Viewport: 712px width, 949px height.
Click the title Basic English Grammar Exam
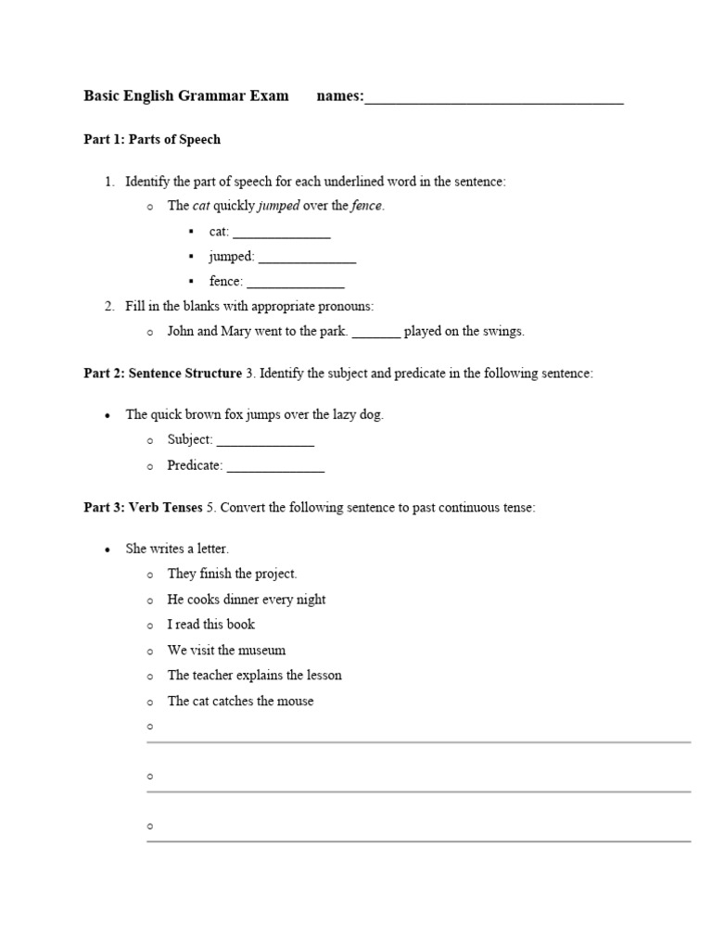185,95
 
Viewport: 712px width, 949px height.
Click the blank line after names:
493,98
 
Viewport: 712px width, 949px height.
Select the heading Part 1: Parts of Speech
152,140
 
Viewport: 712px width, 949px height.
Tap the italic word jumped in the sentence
278,206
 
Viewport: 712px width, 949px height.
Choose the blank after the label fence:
295,284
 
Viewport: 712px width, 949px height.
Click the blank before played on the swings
376,334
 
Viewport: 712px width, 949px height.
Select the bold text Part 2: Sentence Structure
162,373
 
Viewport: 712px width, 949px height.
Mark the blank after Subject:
265,442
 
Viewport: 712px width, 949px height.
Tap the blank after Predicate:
275,468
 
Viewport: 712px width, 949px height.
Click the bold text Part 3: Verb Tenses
143,508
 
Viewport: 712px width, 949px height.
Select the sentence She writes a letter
177,549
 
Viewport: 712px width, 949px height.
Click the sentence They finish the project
232,574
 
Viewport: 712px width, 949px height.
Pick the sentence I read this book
210,625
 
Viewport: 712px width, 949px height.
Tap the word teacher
216,676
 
